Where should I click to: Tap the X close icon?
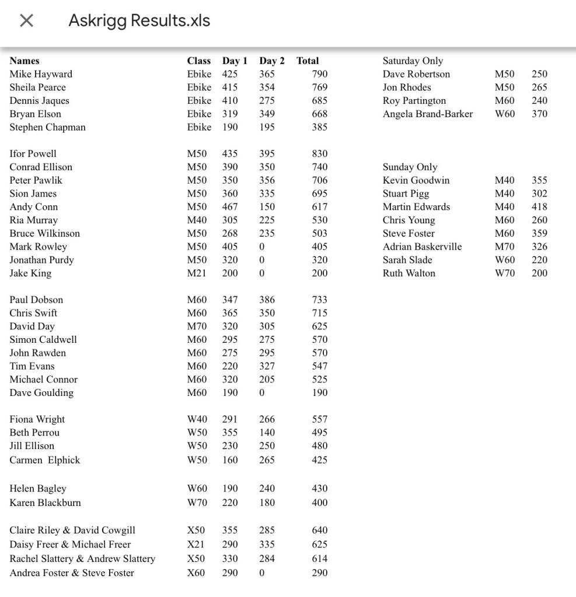[26, 21]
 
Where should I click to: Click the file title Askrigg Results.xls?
[139, 21]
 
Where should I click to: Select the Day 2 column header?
[272, 61]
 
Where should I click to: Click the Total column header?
[308, 61]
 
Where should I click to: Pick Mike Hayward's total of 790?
[320, 74]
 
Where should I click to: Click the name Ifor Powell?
[33, 154]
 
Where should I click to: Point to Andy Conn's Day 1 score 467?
[230, 207]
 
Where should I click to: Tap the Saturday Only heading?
[413, 61]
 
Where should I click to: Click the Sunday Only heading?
[410, 167]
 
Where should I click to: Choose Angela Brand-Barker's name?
[428, 114]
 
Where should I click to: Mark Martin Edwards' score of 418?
[539, 207]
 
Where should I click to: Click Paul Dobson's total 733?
[320, 300]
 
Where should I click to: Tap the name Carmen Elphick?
[45, 460]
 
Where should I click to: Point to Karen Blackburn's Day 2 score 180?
[267, 503]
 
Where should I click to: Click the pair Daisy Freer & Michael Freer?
[70, 545]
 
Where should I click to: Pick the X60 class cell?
[196, 573]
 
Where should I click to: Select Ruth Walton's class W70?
[505, 273]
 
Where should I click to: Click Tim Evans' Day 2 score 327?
[267, 366]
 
